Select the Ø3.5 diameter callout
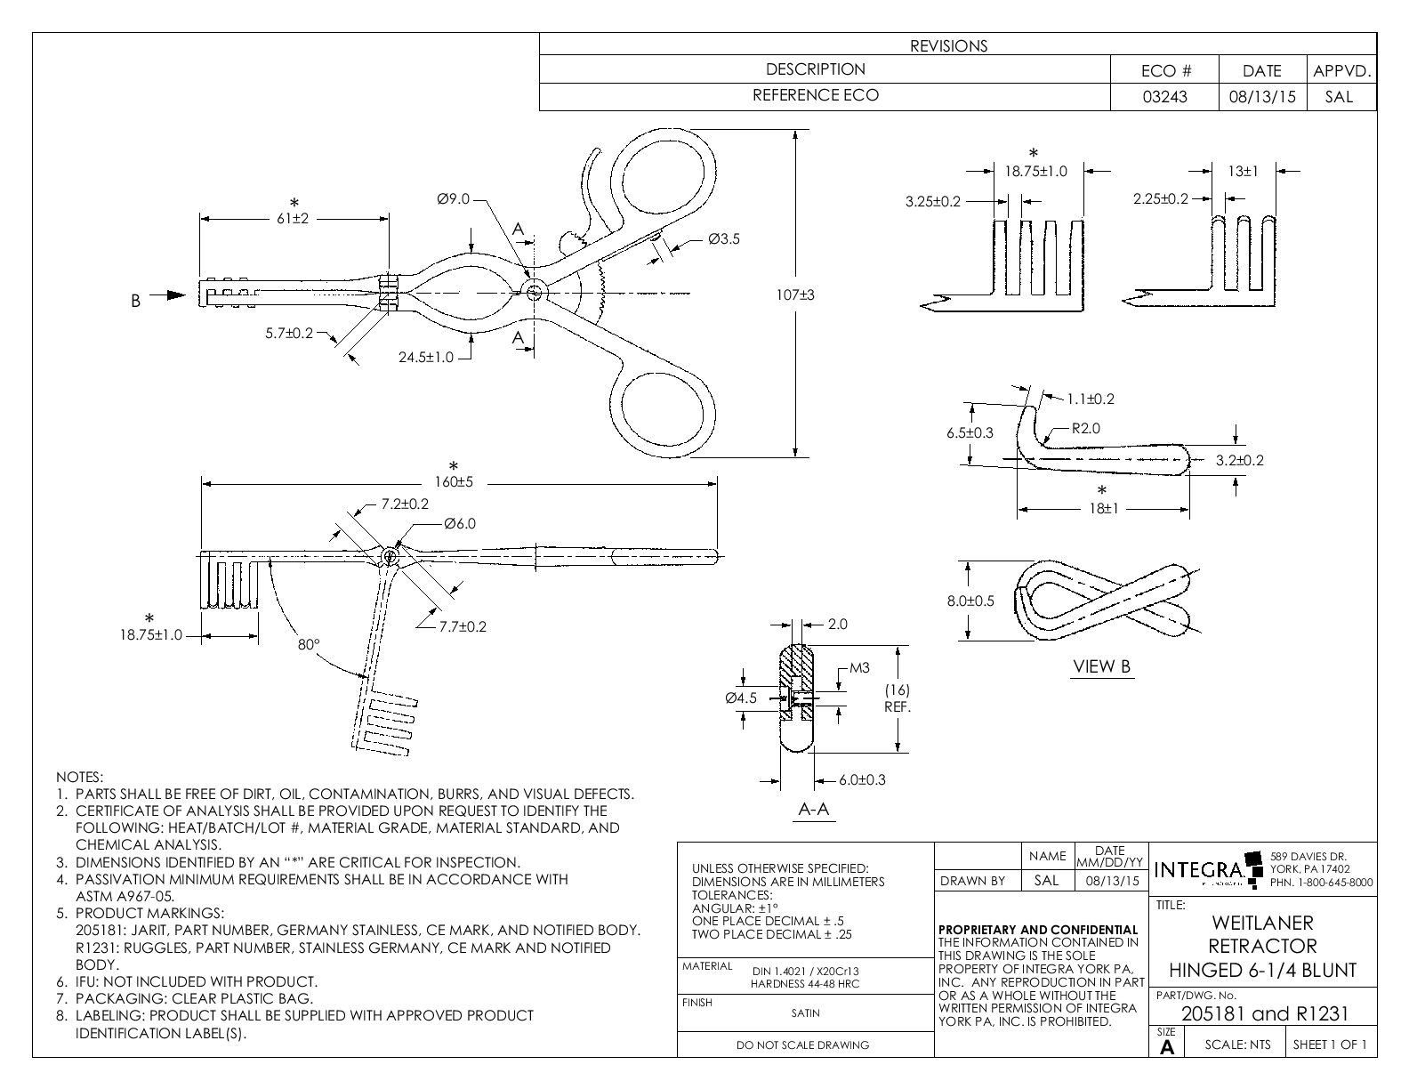pos(723,238)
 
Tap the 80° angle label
pos(308,645)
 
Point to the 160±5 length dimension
pos(454,482)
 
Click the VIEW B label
pos(1102,666)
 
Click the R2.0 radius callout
pos(1085,428)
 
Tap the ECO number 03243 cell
pos(1164,97)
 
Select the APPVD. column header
pos(1341,71)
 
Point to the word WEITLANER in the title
pos(1262,923)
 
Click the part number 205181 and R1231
pos(1264,1013)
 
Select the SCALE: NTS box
pos(1237,1045)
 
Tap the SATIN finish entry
pos(805,1012)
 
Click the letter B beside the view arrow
pos(136,301)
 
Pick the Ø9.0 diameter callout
pos(453,199)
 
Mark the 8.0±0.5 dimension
pos(970,601)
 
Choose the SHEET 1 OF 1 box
pos(1330,1045)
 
